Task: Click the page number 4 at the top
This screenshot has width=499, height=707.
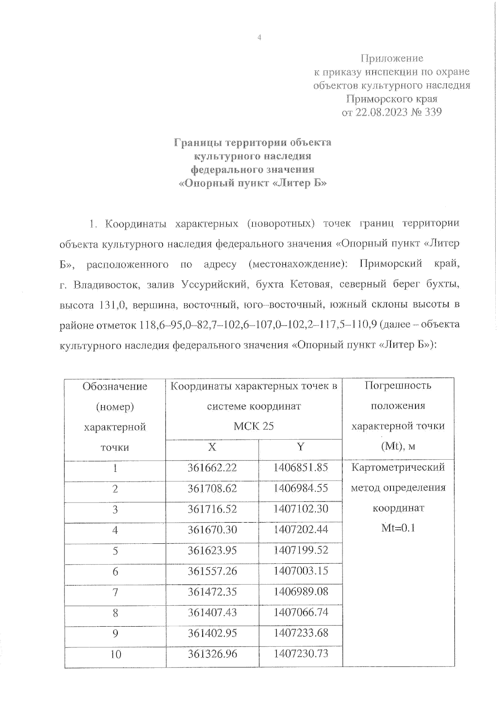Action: pyautogui.click(x=259, y=38)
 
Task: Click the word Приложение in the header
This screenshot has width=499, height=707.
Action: pyautogui.click(x=391, y=58)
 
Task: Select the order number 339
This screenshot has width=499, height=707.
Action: pyautogui.click(x=432, y=112)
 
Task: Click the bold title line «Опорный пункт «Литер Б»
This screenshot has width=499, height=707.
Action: pyautogui.click(x=252, y=183)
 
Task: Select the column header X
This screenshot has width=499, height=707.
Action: pyautogui.click(x=212, y=447)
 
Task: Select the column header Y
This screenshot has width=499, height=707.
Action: pyautogui.click(x=300, y=447)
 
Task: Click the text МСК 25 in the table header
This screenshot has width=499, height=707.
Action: pyautogui.click(x=254, y=426)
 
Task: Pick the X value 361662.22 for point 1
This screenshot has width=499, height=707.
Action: pyautogui.click(x=212, y=468)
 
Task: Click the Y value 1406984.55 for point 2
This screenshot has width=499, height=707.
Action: pyautogui.click(x=300, y=488)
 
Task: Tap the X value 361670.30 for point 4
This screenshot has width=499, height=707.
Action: pyautogui.click(x=212, y=530)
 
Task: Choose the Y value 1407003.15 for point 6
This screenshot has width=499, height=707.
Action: pyautogui.click(x=300, y=571)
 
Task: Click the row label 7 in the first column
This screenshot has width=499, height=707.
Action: pyautogui.click(x=115, y=592)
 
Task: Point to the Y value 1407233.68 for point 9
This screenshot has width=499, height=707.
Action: pyautogui.click(x=300, y=633)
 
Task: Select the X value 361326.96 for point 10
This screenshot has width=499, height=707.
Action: pyautogui.click(x=212, y=654)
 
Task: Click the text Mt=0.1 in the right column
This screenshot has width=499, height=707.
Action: pyautogui.click(x=398, y=528)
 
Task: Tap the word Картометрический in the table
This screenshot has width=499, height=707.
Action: pyautogui.click(x=398, y=467)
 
